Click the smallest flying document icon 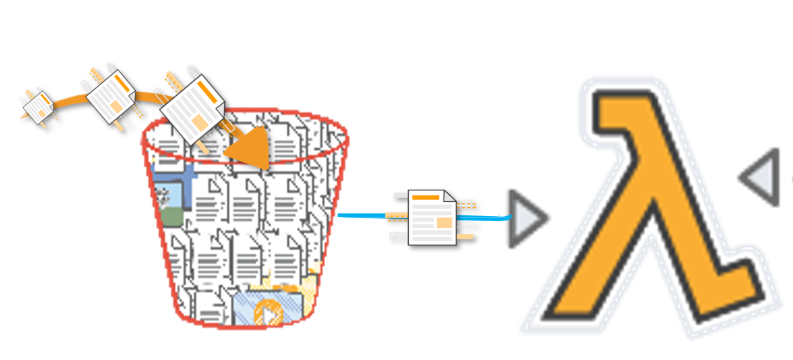[x=38, y=105]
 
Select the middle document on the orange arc [x=111, y=96]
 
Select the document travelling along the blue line [x=432, y=217]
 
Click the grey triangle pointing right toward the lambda [x=526, y=219]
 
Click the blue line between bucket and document [x=360, y=215]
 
